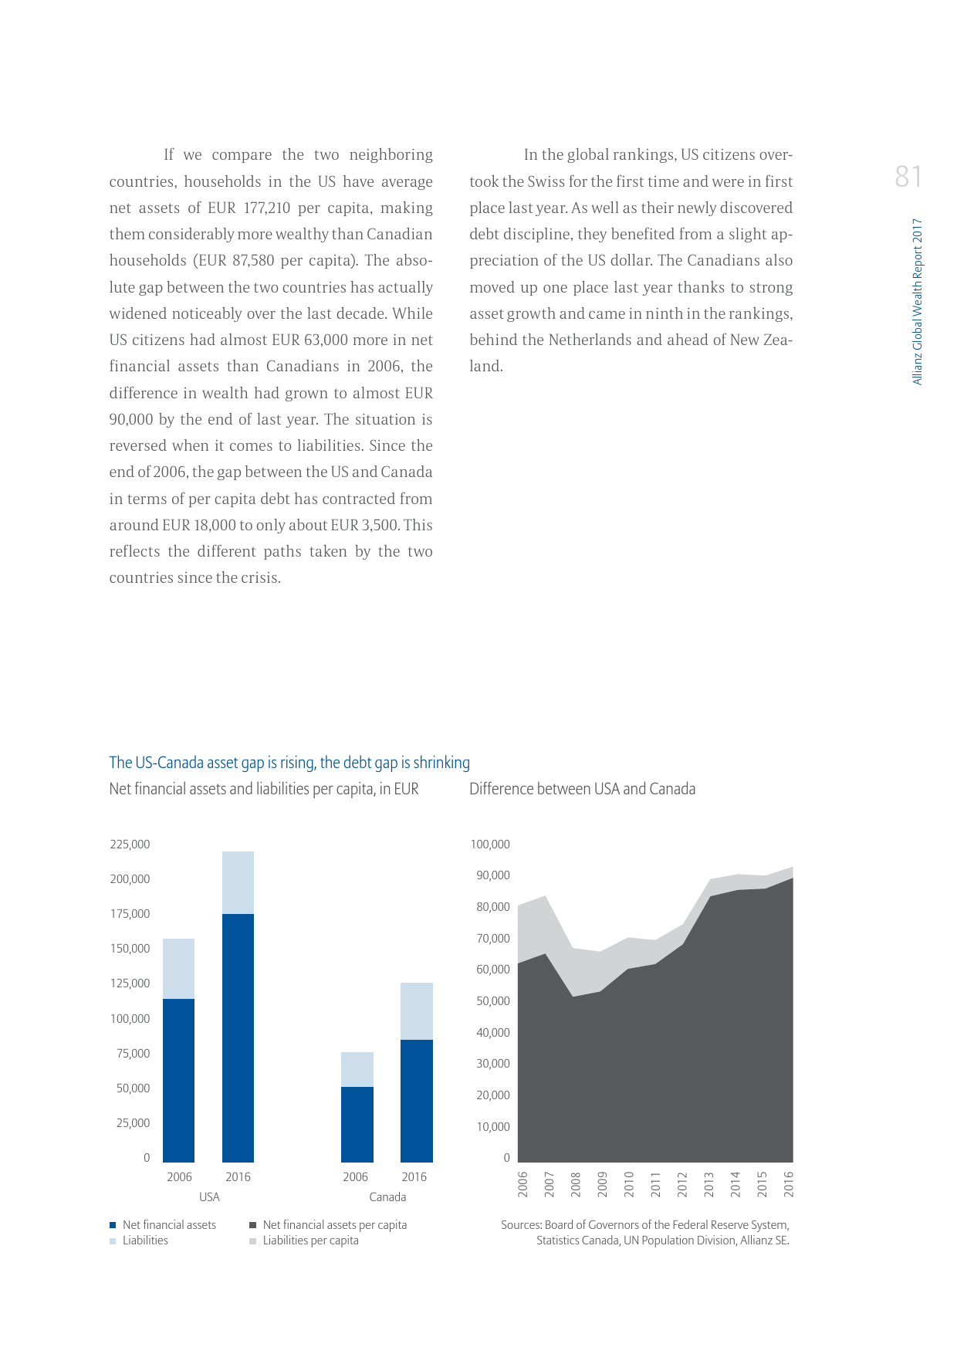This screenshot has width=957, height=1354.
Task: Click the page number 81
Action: (x=908, y=177)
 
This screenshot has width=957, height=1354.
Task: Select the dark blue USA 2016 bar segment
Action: (x=238, y=1038)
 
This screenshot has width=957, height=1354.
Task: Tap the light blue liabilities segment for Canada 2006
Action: (x=357, y=1069)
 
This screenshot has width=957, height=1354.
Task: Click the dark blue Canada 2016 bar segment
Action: (x=416, y=1101)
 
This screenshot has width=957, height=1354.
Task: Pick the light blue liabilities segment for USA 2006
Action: (x=178, y=969)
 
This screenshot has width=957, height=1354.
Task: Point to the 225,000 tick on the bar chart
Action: (x=130, y=844)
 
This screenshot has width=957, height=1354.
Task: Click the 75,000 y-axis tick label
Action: (x=133, y=1053)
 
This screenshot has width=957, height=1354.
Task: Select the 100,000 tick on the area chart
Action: (x=490, y=844)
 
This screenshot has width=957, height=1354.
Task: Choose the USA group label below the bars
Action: (x=209, y=1197)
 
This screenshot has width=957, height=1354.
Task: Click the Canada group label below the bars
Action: (x=387, y=1197)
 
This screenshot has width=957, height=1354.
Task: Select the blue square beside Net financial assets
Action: (x=113, y=1224)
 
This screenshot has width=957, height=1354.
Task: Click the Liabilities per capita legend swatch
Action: (x=252, y=1241)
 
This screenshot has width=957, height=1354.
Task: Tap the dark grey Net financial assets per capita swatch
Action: (x=252, y=1224)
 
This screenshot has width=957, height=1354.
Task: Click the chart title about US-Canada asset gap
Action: (x=289, y=763)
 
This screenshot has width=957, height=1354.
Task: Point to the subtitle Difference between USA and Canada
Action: (x=582, y=789)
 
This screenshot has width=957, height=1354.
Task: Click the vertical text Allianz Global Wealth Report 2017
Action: (x=917, y=301)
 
